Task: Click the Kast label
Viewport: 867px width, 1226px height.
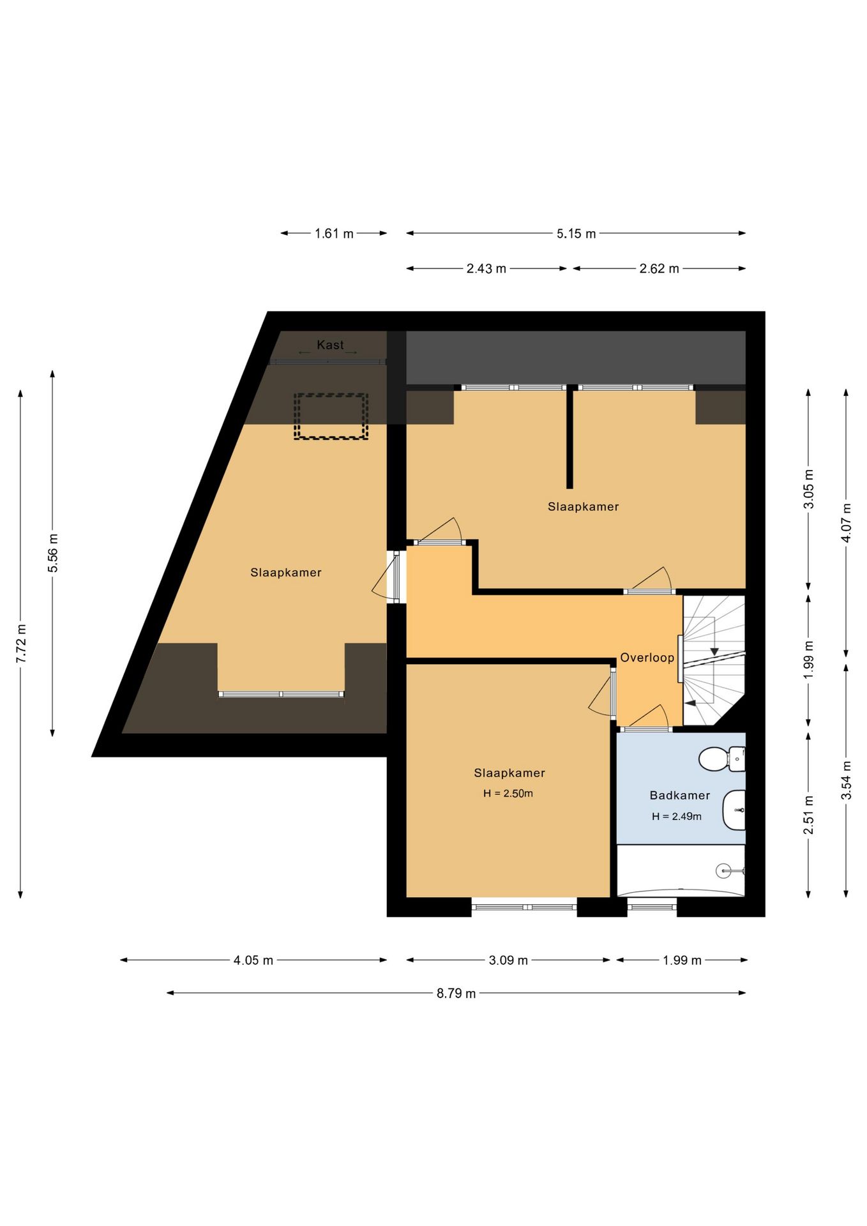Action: pos(330,345)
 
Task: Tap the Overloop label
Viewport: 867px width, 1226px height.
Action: pos(647,658)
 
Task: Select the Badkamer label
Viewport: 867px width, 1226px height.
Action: pos(680,795)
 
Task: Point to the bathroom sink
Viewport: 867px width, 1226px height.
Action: pos(734,810)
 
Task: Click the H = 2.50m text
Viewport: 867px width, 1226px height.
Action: pos(508,794)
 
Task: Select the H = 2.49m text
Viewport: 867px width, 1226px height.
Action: pos(677,816)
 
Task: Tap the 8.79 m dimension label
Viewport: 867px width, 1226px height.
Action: pos(456,993)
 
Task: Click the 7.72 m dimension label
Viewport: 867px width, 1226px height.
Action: pos(20,642)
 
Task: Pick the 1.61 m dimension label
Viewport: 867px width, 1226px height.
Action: pos(334,234)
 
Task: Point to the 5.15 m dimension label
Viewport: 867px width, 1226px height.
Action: pos(577,234)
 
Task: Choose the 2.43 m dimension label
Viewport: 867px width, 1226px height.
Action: pos(486,269)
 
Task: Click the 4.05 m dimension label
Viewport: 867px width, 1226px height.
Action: pos(253,960)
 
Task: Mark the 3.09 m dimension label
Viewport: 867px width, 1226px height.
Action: pos(509,960)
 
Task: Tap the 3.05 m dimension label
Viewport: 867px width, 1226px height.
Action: pos(809,488)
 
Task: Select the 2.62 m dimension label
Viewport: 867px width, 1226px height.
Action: pos(660,269)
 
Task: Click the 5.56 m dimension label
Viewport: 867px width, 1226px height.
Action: pos(53,553)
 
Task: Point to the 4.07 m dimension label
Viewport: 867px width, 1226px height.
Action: pos(847,523)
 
